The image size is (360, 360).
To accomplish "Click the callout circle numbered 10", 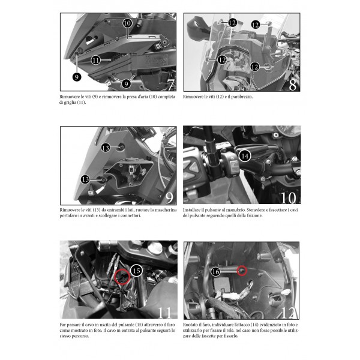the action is (127, 23).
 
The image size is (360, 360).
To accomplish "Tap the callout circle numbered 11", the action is (96, 61).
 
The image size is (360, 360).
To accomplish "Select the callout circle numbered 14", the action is (245, 156).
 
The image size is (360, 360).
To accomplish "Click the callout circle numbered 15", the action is (136, 271).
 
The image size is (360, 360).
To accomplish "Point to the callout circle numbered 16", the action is (215, 272).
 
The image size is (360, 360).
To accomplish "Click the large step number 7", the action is (171, 85).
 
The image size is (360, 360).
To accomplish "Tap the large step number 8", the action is (293, 85).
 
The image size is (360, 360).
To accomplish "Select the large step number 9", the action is (169, 198).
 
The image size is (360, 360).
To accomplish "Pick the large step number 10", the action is (289, 197).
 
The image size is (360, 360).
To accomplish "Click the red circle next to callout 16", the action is (242, 271).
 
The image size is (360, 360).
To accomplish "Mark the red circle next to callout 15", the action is (122, 277).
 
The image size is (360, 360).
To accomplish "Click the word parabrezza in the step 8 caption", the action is (242, 97).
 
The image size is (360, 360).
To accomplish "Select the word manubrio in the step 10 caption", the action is (236, 210).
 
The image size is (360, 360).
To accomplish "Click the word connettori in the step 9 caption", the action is (131, 215).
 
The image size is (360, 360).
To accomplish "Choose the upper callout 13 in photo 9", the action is (106, 148).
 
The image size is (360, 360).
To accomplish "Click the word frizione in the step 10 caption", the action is (254, 215).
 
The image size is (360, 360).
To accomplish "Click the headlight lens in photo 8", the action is (235, 61).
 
